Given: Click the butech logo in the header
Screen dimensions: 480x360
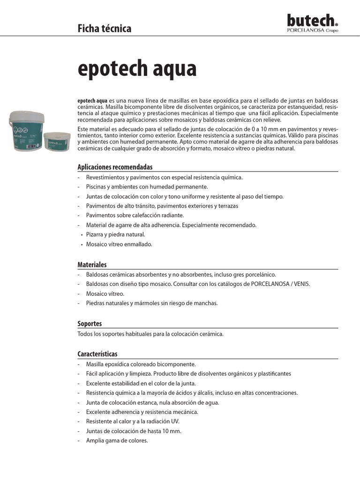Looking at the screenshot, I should pyautogui.click(x=312, y=21).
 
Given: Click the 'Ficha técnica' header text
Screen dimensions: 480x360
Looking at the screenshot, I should pyautogui.click(x=104, y=29).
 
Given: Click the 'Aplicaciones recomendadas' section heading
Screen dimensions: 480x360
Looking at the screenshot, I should pyautogui.click(x=115, y=167).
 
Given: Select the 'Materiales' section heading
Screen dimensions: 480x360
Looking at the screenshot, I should pyautogui.click(x=92, y=265).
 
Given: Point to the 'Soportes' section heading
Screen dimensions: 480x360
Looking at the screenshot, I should pyautogui.click(x=90, y=323).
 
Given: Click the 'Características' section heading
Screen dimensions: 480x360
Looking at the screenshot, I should pyautogui.click(x=97, y=354).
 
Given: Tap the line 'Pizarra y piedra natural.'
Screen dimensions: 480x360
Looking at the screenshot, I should pyautogui.click(x=115, y=234).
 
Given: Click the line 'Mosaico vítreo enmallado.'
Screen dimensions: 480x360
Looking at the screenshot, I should pyautogui.click(x=119, y=244).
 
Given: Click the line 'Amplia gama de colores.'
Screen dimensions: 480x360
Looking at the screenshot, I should pyautogui.click(x=117, y=441).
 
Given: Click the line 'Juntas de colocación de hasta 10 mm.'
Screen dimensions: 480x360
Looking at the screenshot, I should pyautogui.click(x=133, y=431).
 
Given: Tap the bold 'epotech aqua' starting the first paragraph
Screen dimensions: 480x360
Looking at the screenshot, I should pyautogui.click(x=92, y=101).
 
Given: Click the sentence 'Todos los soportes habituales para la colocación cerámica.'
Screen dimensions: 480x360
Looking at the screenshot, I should pyautogui.click(x=150, y=334).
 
